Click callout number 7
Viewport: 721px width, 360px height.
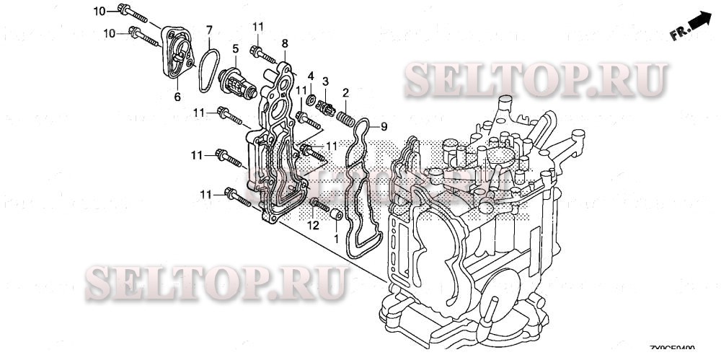(x=209, y=30)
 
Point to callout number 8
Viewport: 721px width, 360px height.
(x=285, y=44)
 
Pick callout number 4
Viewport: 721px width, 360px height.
(x=311, y=76)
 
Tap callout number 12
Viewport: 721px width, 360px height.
(x=313, y=226)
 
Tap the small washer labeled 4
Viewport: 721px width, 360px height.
(x=311, y=97)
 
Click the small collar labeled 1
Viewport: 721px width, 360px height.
(x=335, y=216)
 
